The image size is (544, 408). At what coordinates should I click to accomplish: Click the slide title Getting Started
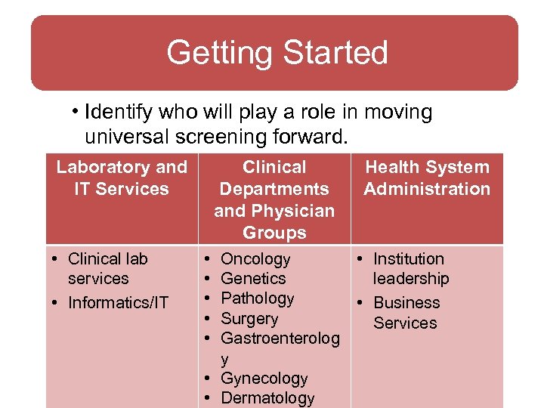click(277, 53)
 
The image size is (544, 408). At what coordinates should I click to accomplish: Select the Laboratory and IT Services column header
click(121, 178)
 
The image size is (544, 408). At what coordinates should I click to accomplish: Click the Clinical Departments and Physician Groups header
click(274, 199)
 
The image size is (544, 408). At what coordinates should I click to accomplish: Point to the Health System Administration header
click(427, 178)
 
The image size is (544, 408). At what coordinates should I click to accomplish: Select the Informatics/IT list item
click(118, 303)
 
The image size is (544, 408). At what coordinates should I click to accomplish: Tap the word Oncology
click(255, 259)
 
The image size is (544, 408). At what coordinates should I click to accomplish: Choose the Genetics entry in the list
click(253, 279)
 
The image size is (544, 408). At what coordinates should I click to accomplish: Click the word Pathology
click(257, 298)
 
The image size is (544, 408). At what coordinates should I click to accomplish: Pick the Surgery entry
click(249, 319)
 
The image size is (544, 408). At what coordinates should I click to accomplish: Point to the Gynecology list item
click(264, 379)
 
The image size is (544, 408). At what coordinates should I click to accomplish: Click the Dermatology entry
click(267, 398)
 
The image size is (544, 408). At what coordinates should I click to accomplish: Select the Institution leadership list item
click(410, 268)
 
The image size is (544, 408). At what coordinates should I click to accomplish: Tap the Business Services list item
click(406, 312)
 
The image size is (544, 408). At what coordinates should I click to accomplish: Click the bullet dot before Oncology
click(207, 259)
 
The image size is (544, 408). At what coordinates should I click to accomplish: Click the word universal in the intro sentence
click(122, 137)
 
